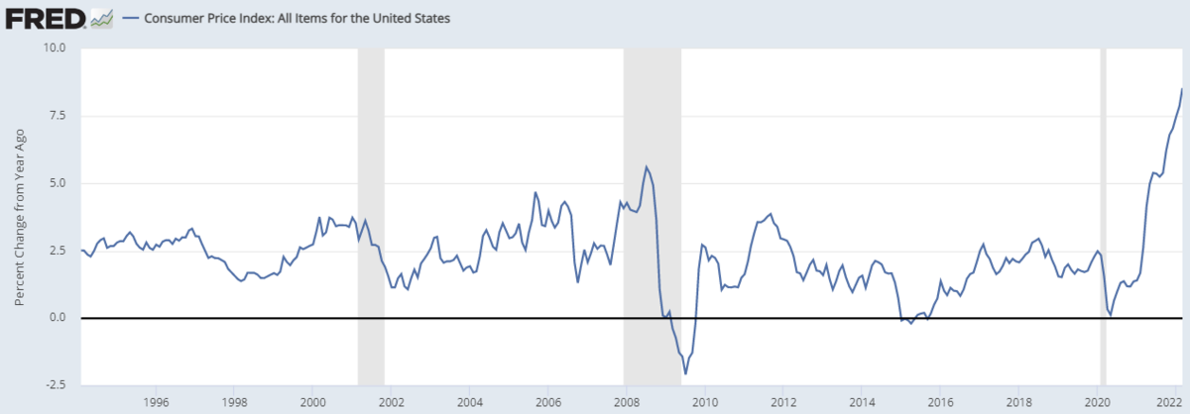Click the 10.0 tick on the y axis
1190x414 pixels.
tap(53, 48)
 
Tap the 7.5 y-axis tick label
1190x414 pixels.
tap(57, 115)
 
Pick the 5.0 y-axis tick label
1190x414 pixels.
tap(57, 183)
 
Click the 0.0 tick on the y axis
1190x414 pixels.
tap(57, 318)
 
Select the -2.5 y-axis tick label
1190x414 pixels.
tap(54, 385)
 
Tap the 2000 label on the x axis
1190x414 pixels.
tap(312, 402)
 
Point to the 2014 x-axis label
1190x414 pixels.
tap(862, 402)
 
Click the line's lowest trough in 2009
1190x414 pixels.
tap(685, 373)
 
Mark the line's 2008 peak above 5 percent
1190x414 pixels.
tap(647, 166)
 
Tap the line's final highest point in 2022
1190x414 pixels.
tap(1182, 89)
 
